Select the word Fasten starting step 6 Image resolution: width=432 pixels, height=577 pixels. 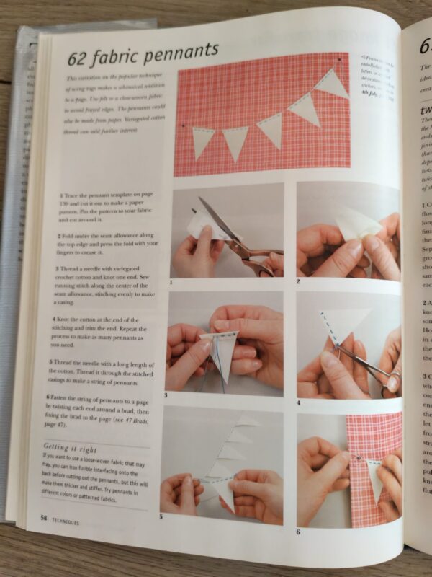coord(67,397)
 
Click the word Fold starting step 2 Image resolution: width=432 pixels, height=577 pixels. coord(71,235)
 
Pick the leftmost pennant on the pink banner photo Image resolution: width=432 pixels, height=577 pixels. coord(202,141)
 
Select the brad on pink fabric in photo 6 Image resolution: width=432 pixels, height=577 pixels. coord(359,456)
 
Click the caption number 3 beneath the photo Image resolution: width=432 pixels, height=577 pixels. coord(166,395)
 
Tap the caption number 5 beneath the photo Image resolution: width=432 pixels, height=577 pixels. coord(162,518)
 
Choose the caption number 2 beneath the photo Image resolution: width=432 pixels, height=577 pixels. coord(298,281)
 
